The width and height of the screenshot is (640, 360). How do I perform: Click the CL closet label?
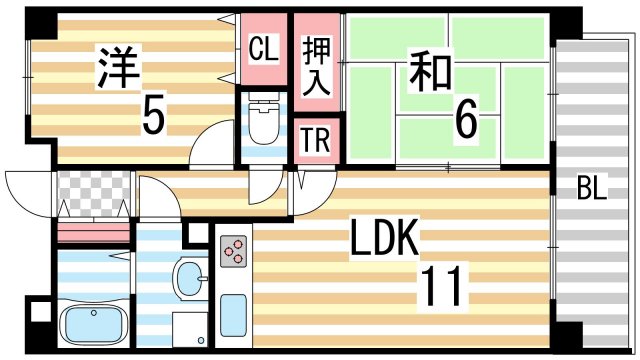tap(263, 47)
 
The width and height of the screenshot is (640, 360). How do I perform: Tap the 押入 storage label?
tap(317, 66)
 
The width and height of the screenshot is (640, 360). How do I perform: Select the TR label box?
tap(317, 142)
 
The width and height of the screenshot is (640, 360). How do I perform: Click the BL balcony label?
tap(592, 189)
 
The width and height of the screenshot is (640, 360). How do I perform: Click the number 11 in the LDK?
tap(440, 287)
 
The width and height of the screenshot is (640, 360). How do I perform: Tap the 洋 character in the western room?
tap(118, 66)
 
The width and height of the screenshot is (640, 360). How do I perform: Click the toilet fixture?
tap(264, 122)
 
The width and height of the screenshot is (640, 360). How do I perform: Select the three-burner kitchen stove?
tap(234, 252)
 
